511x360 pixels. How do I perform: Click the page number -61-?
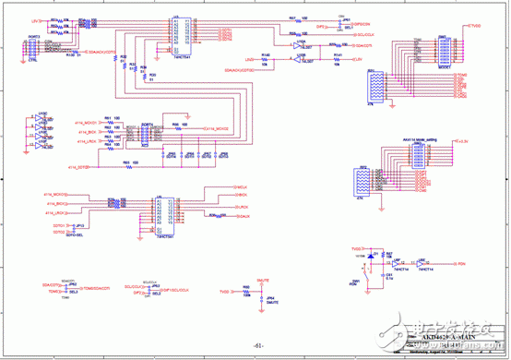258,345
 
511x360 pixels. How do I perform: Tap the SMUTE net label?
263,279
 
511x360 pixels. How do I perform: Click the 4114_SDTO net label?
78,167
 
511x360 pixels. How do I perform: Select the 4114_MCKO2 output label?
216,127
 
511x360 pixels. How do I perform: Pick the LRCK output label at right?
241,217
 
